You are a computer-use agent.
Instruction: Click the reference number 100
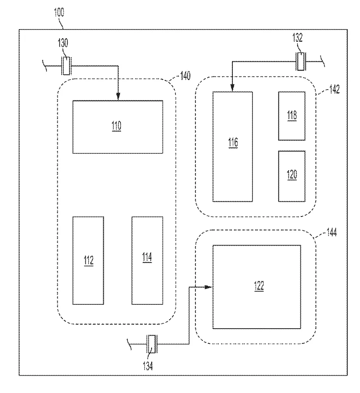coord(59,12)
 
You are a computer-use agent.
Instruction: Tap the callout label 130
coord(63,43)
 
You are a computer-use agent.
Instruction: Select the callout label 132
coord(297,37)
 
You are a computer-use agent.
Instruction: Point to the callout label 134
coord(148,366)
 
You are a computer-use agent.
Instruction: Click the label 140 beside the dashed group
coord(185,76)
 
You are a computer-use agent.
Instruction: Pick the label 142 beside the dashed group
coord(334,89)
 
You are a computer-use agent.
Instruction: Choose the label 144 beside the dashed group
coord(332,232)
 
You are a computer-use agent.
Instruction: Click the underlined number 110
coord(116,126)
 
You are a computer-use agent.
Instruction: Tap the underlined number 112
coord(89,260)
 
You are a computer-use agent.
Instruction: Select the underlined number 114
coord(147,257)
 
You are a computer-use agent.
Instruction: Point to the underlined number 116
coord(233,143)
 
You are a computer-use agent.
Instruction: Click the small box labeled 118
coord(292,116)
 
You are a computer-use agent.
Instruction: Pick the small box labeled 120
coord(292,176)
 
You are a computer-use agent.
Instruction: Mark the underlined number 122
coord(259,286)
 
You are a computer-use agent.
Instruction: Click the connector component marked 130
coord(66,66)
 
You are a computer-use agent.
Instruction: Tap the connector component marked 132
coord(301,62)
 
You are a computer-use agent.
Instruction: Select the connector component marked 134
coord(152,344)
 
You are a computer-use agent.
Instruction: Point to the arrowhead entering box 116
coord(232,88)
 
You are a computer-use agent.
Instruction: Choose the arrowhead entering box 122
coord(208,287)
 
